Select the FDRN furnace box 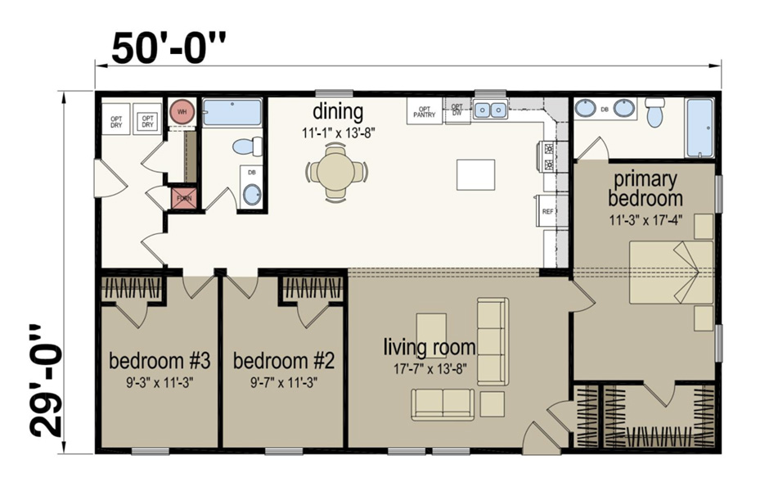(x=182, y=199)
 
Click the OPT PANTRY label (x=425, y=110)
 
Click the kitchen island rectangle (x=476, y=174)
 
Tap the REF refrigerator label (x=548, y=211)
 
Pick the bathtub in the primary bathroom (x=700, y=128)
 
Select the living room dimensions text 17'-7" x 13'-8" (x=430, y=368)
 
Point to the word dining (x=337, y=111)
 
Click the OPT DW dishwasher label (x=457, y=110)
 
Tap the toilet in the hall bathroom (x=246, y=146)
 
